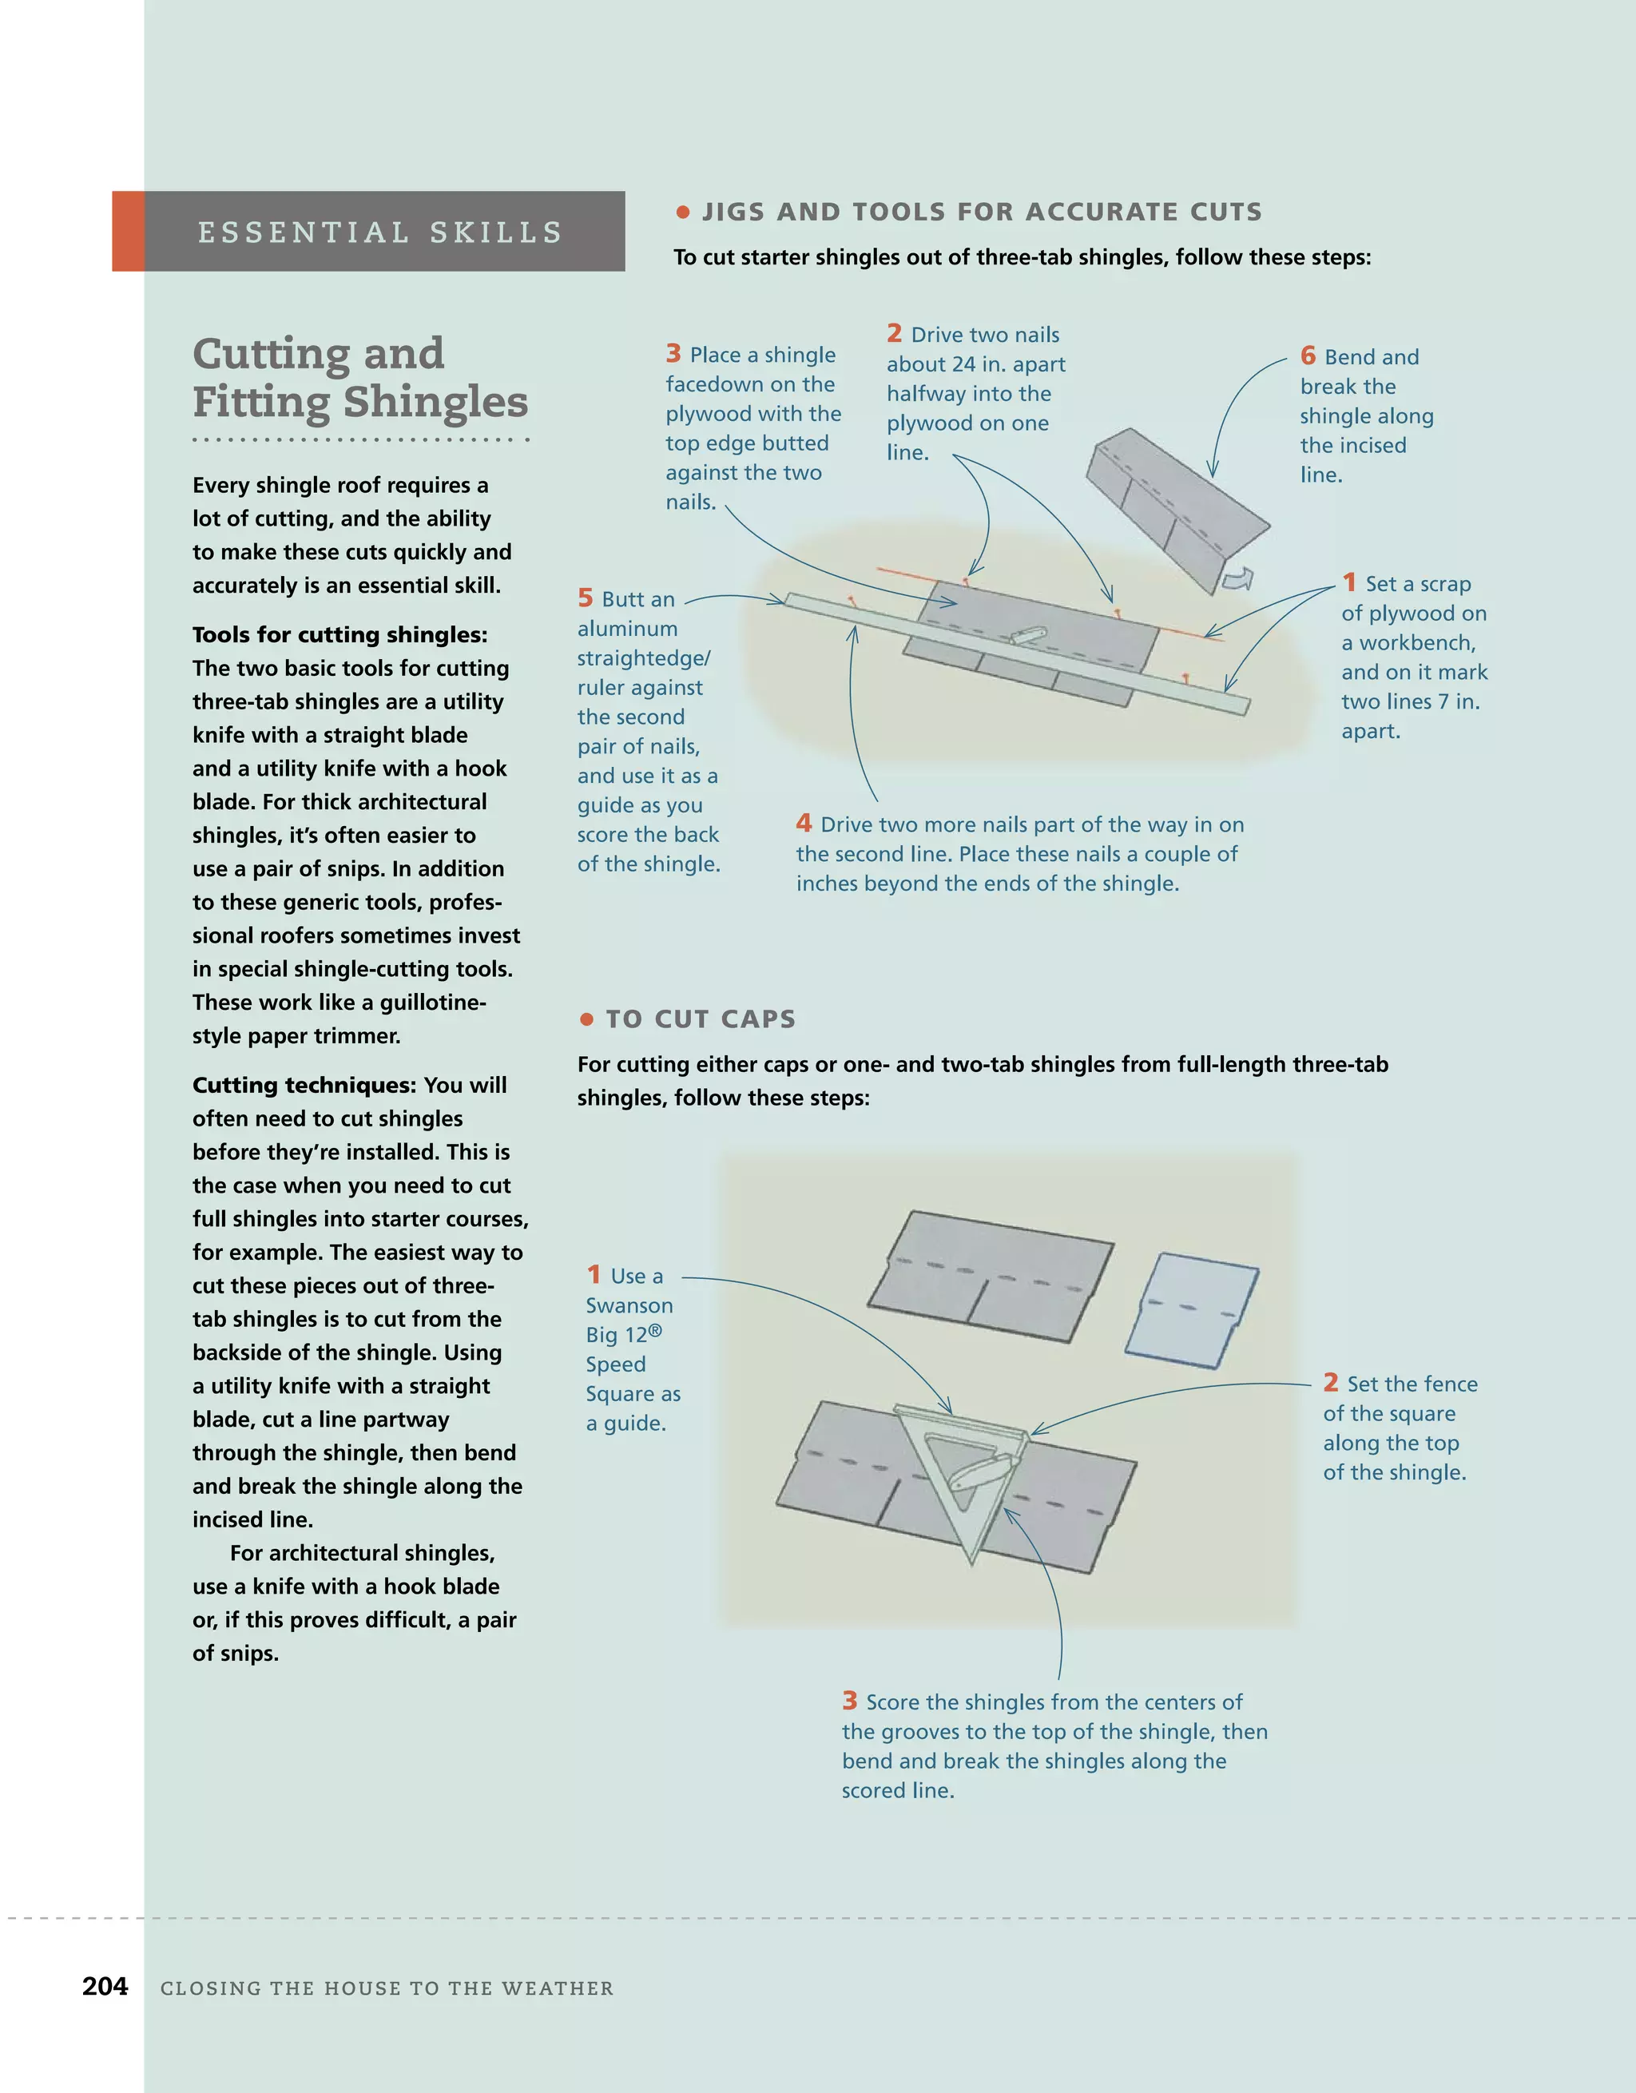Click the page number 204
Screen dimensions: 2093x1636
[x=105, y=1987]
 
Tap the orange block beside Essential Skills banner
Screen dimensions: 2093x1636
[x=129, y=231]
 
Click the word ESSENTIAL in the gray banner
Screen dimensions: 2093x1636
[x=304, y=233]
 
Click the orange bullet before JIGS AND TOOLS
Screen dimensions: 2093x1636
[x=683, y=212]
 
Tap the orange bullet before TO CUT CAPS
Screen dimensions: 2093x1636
[x=586, y=1019]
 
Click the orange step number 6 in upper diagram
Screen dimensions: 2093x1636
[x=1308, y=356]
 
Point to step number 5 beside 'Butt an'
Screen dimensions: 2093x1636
[x=586, y=598]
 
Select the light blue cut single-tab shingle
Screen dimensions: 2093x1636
[x=1191, y=1309]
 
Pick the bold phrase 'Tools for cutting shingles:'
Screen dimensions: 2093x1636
[x=340, y=634]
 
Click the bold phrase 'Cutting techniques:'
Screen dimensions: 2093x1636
[x=304, y=1085]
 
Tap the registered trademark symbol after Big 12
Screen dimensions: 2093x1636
[x=656, y=1330]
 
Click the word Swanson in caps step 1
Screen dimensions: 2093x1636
[x=629, y=1305]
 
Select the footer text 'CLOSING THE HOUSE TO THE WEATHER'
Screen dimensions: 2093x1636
[x=387, y=1988]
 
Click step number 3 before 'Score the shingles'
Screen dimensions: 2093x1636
[x=849, y=1701]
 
